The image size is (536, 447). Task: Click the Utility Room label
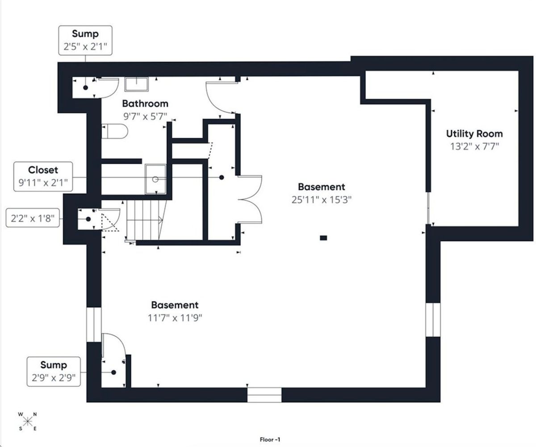point(474,134)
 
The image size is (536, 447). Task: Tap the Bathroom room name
point(145,103)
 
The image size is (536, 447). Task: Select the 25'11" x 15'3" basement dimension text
point(322,199)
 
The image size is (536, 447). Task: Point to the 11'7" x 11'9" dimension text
point(175,318)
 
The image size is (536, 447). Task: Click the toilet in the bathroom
point(115,131)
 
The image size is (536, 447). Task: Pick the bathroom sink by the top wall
point(137,84)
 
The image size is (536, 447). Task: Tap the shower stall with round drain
point(155,179)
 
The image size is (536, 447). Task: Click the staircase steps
point(145,220)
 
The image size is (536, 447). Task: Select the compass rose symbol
point(27,421)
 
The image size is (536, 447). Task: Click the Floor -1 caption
point(270,439)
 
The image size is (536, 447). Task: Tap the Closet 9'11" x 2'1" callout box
point(43,177)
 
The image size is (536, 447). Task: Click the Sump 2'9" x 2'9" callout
point(54,372)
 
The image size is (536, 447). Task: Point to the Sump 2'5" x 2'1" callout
point(85,40)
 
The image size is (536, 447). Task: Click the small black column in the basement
point(323,238)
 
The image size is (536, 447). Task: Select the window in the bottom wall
point(264,395)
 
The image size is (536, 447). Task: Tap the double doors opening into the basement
point(250,199)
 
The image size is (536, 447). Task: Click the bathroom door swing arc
point(220,98)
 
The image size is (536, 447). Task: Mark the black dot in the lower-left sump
point(114,372)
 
